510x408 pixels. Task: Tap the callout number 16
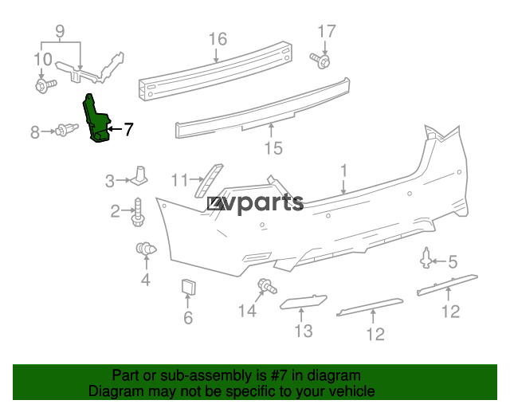coord(218,39)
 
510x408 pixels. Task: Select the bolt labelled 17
coord(320,61)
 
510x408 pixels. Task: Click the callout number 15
coord(273,148)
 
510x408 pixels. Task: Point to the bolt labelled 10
coord(45,85)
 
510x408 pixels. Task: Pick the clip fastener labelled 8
coord(66,130)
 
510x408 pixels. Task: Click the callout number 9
coord(61,32)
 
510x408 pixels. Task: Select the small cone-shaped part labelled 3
coord(139,176)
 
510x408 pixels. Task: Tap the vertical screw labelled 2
coord(138,212)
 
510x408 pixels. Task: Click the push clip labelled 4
coord(146,249)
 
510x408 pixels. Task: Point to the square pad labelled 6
coord(188,287)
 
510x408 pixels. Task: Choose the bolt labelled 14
coord(267,286)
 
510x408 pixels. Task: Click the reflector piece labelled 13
coord(303,301)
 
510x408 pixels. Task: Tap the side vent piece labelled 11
coord(209,181)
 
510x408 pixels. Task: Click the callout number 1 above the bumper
coord(343,171)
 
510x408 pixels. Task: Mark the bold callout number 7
coord(129,130)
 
